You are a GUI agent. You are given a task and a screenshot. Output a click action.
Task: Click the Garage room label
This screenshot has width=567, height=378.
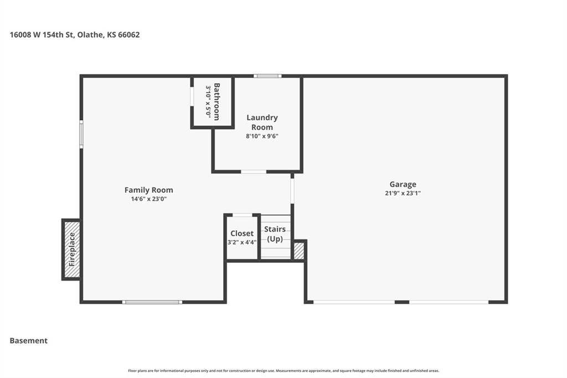(403, 185)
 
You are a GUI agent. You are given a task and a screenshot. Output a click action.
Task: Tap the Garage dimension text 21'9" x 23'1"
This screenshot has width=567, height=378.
(403, 193)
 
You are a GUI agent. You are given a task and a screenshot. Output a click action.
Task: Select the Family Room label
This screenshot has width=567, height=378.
(148, 190)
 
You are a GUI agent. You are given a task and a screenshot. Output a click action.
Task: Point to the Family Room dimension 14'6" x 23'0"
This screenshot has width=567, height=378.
(148, 199)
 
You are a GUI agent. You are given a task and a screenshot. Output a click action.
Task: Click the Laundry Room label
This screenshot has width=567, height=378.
(262, 122)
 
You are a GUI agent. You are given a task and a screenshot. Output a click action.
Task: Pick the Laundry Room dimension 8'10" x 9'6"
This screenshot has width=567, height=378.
(262, 136)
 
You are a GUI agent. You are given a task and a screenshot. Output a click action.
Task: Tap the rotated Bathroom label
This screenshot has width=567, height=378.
(217, 102)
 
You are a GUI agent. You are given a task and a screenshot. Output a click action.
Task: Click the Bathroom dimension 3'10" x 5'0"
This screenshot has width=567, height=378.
(208, 101)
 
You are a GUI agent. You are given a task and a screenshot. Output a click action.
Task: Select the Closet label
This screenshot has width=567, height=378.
(242, 233)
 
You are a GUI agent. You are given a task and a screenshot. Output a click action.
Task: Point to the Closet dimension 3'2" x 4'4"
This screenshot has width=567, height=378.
(242, 242)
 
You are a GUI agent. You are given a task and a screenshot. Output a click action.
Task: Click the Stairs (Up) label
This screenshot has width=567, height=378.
(275, 234)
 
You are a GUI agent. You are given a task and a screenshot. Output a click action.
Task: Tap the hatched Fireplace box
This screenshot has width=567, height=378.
(71, 249)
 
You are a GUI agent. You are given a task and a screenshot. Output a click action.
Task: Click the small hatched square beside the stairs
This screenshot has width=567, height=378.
(299, 251)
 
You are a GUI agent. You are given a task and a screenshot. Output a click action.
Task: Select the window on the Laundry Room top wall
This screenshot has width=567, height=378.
(267, 76)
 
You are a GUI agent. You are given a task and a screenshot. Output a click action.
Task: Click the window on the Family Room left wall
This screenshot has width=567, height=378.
(81, 134)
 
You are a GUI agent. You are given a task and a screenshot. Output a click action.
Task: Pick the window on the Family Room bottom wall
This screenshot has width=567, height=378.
(152, 302)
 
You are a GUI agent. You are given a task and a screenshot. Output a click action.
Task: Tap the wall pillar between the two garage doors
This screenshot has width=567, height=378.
(402, 302)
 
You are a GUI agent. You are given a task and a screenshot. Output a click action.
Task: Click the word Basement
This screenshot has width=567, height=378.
(29, 341)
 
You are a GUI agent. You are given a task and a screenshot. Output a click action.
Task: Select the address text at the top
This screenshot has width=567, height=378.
(75, 35)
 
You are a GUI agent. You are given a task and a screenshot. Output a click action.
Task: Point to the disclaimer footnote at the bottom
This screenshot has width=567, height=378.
(283, 371)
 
